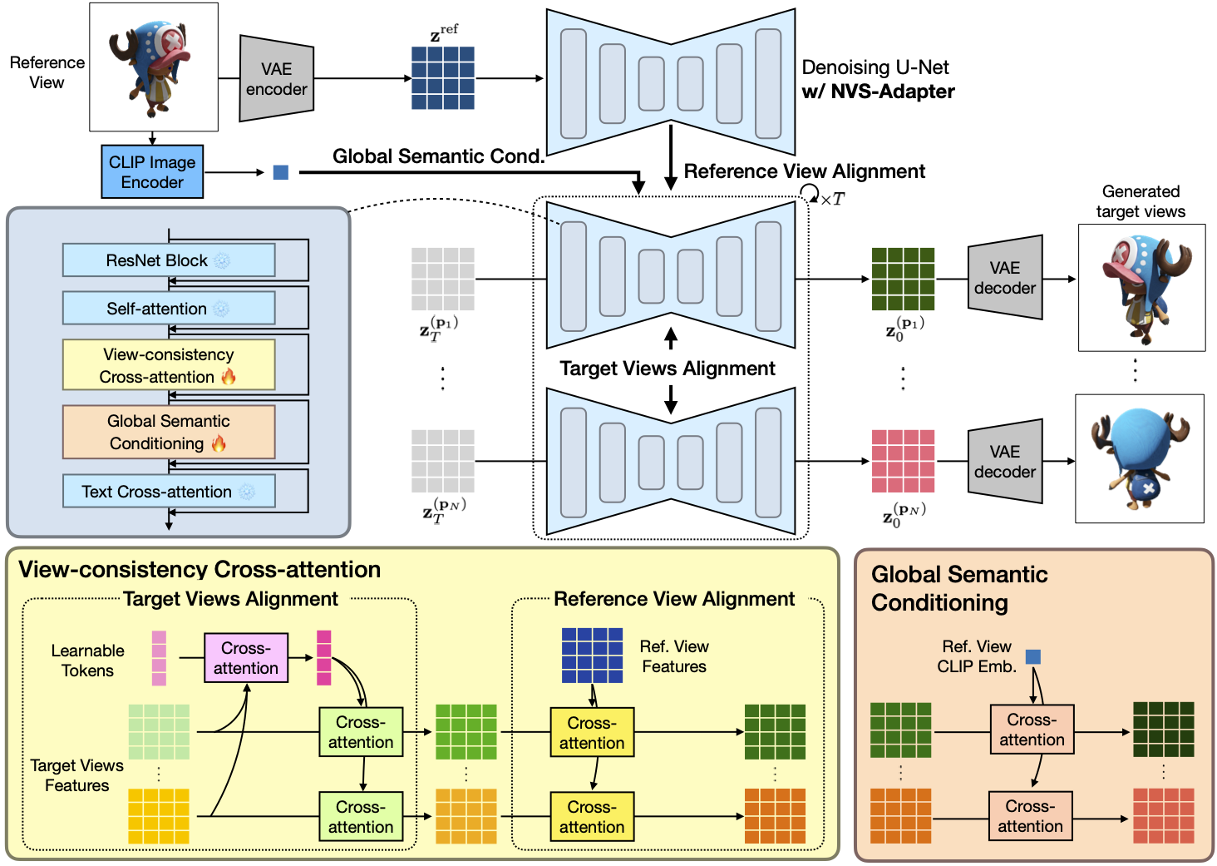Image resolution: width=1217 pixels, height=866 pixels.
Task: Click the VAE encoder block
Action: click(x=276, y=79)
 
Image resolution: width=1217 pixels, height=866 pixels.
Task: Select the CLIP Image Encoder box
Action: click(x=152, y=172)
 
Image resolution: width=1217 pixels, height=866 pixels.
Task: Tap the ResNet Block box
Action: click(x=169, y=260)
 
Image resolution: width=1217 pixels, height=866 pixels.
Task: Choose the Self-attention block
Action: click(x=169, y=309)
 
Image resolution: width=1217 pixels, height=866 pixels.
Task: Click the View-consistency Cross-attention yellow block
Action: click(x=169, y=365)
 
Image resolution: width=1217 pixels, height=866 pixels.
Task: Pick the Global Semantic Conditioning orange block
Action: click(x=169, y=432)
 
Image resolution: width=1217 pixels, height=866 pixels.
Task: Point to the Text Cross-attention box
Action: click(x=169, y=492)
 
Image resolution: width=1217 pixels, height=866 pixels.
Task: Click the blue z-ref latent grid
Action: click(x=443, y=78)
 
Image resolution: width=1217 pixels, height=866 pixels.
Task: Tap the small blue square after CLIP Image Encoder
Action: click(x=281, y=172)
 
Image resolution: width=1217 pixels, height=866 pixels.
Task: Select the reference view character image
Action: click(x=154, y=67)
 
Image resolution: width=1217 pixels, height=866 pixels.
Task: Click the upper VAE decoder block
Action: click(x=1005, y=278)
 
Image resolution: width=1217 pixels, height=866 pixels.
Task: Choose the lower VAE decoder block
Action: click(x=1005, y=462)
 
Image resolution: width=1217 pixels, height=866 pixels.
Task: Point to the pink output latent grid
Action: click(x=903, y=461)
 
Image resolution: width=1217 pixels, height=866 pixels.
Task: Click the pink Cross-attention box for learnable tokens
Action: click(x=246, y=658)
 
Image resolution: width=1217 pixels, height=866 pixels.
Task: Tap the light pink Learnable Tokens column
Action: click(x=159, y=658)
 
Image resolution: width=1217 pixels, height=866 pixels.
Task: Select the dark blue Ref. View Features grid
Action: click(x=592, y=656)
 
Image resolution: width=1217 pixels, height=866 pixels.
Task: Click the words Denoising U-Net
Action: click(x=875, y=67)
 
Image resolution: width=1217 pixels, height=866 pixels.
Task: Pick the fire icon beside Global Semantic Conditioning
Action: click(x=219, y=443)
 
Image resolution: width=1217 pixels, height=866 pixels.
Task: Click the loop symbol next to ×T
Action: click(x=809, y=194)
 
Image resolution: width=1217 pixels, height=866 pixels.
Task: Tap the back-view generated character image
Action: click(x=1140, y=458)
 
